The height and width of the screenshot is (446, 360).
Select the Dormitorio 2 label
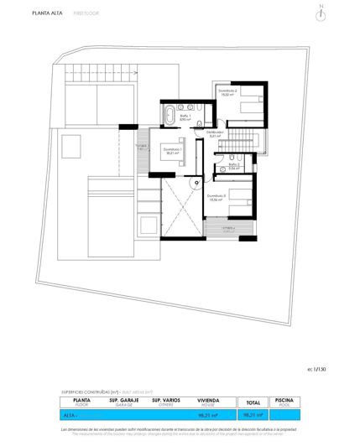pyautogui.click(x=227, y=93)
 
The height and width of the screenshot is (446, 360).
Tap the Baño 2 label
pyautogui.click(x=234, y=166)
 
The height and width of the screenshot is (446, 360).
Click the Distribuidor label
pyautogui.click(x=215, y=133)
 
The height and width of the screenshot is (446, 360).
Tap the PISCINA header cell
pyautogui.click(x=284, y=402)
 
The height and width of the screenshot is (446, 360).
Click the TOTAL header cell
pyautogui.click(x=251, y=402)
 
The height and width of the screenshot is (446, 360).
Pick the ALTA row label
pyautogui.click(x=70, y=414)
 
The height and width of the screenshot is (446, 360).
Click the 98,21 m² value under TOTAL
pyautogui.click(x=251, y=414)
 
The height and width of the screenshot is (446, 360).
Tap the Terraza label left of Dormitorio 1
pyautogui.click(x=141, y=147)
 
